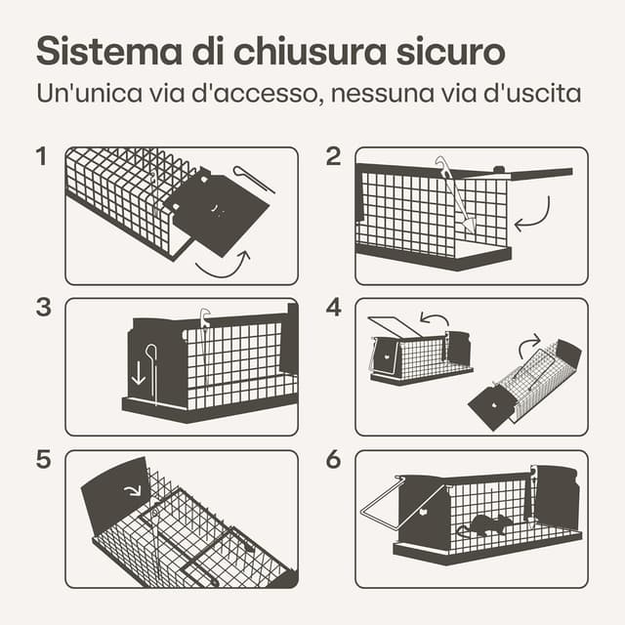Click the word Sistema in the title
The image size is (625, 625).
tap(109, 51)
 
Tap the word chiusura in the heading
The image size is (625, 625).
tap(310, 51)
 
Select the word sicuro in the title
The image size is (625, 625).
tap(451, 51)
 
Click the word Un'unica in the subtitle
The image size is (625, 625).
tap(89, 93)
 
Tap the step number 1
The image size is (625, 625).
tap(41, 156)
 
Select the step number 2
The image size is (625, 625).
tap(333, 156)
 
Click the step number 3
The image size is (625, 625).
tap(43, 308)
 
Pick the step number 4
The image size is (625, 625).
tap(334, 308)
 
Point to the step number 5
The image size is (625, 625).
tap(43, 459)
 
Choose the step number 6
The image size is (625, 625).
tap(334, 459)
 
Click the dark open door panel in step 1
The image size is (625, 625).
tap(217, 212)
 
